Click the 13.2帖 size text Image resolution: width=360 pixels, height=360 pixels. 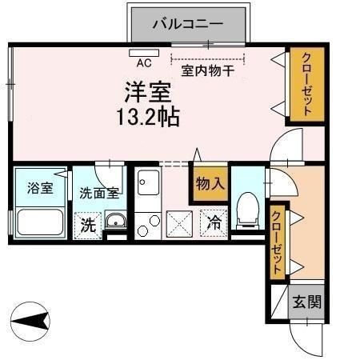[x=148, y=116]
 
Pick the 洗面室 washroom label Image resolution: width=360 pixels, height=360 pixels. [x=99, y=193]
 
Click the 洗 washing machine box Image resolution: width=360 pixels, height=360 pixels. [x=87, y=226]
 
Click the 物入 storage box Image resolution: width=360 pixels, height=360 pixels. [x=210, y=183]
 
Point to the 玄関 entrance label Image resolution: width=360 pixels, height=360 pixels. [x=306, y=302]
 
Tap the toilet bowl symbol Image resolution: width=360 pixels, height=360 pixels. [x=248, y=210]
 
